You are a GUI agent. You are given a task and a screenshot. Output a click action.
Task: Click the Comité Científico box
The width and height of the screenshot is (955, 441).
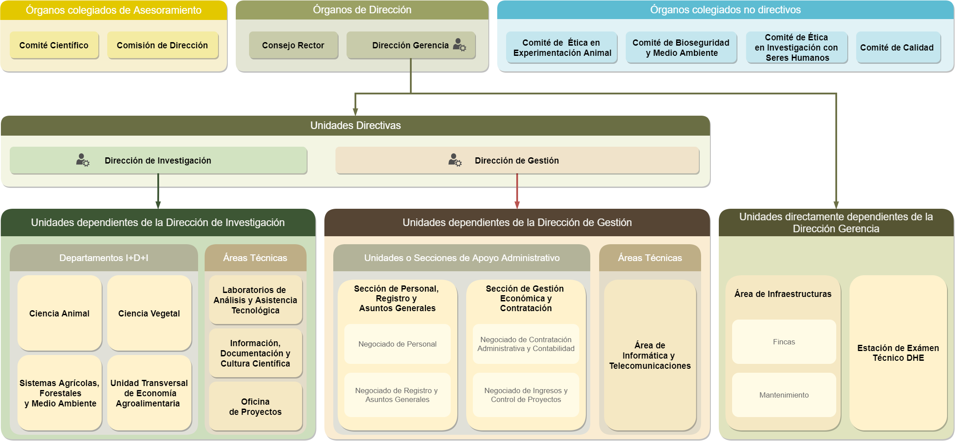(54, 45)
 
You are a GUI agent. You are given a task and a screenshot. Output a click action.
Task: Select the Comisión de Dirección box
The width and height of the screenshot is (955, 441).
(162, 45)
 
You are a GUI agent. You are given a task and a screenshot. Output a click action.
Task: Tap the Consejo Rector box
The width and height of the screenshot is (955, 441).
(293, 45)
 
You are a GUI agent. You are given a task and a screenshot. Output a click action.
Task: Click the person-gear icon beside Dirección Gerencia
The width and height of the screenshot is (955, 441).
(460, 45)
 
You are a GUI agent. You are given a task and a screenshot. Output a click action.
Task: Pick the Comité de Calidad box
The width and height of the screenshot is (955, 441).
(897, 47)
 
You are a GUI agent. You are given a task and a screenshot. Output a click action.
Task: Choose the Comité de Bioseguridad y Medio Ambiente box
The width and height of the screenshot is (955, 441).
(681, 47)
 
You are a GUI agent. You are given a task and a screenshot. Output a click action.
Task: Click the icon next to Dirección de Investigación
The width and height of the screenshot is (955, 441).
(82, 160)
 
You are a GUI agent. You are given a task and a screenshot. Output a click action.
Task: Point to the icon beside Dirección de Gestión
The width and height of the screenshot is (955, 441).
(455, 160)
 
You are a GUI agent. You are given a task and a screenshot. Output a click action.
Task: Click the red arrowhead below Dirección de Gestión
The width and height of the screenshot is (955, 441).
(517, 205)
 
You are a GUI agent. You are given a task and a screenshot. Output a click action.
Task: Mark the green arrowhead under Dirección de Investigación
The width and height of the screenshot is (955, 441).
(158, 205)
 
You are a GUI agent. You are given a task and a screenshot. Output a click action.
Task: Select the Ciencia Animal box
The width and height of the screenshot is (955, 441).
(59, 313)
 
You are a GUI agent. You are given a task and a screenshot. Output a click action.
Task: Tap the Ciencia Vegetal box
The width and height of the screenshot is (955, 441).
(149, 313)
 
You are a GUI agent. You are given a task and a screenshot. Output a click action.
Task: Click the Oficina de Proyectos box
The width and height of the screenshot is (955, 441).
(255, 406)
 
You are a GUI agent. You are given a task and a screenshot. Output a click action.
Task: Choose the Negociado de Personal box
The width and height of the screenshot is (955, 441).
(397, 344)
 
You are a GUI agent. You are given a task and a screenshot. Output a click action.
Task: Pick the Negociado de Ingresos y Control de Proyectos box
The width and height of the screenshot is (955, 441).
(526, 395)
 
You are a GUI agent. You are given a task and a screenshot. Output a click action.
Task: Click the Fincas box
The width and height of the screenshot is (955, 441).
(783, 342)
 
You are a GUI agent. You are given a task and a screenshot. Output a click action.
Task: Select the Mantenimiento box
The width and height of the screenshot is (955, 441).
(783, 395)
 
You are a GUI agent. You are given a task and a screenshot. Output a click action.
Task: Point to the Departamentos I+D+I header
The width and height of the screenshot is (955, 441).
(104, 258)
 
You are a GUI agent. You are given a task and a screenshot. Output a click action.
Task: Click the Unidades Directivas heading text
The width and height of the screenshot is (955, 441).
(355, 125)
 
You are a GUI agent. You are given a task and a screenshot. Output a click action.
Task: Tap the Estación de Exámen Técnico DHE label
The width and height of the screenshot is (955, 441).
(898, 353)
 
